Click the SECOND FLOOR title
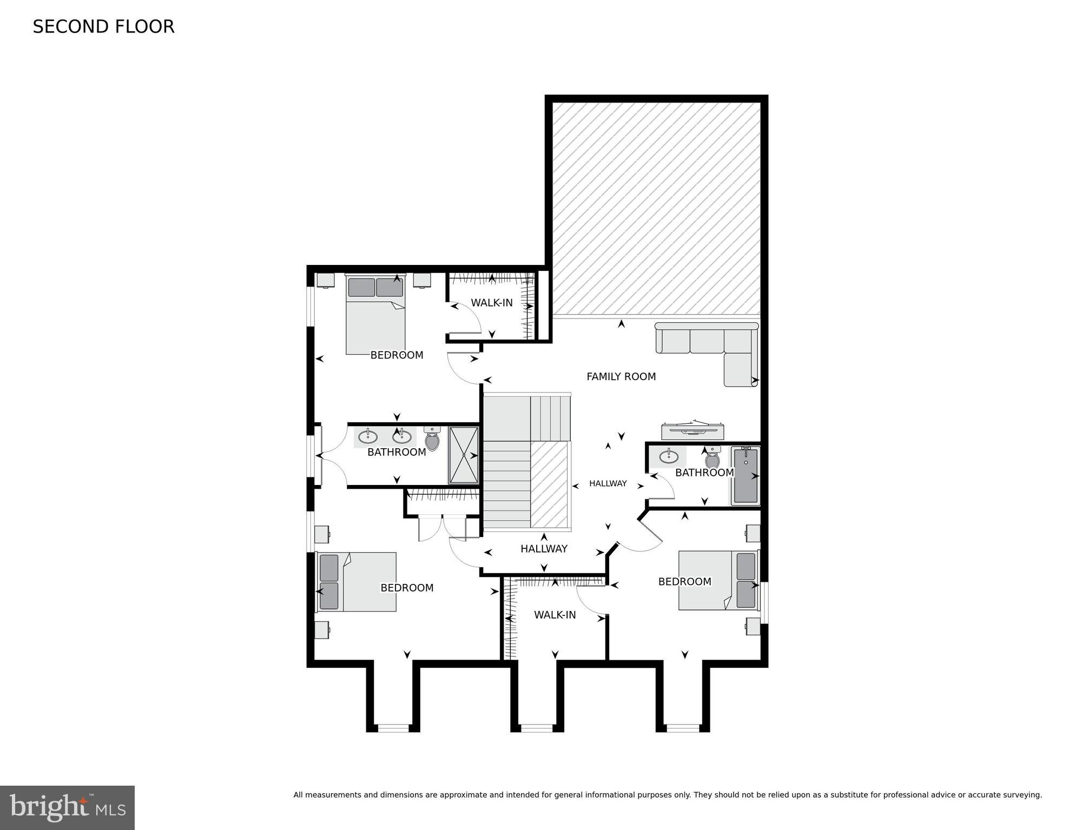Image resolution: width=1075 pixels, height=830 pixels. (103, 26)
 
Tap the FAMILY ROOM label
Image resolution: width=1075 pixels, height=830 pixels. (621, 376)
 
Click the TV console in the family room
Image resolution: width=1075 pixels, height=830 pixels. (693, 431)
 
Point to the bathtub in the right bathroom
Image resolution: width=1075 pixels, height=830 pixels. (746, 475)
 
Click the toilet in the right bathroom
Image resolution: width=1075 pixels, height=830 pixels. (713, 460)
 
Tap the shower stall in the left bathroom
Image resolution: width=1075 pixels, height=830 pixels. (464, 455)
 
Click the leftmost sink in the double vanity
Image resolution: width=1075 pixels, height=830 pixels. (368, 436)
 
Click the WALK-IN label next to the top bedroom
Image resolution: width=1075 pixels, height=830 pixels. (491, 303)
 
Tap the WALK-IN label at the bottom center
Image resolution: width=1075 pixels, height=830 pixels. (555, 615)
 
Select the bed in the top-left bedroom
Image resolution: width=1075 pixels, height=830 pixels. (375, 319)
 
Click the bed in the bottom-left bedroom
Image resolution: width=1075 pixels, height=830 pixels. (357, 582)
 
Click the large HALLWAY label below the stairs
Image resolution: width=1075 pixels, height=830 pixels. (544, 549)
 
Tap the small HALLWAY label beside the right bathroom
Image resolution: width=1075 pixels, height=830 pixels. (608, 483)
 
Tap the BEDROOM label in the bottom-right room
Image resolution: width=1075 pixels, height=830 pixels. (684, 582)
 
